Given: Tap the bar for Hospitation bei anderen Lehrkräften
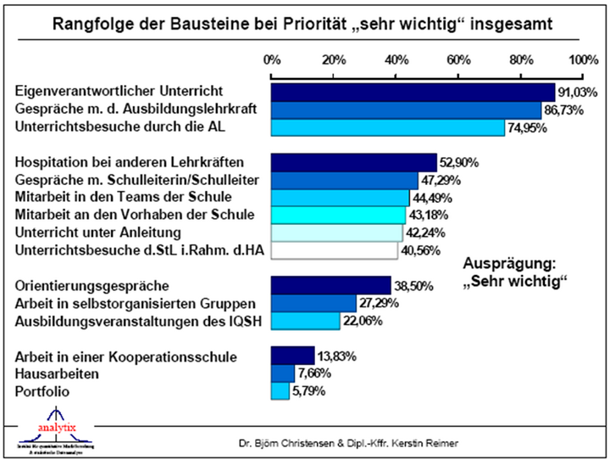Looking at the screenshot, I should (x=353, y=161).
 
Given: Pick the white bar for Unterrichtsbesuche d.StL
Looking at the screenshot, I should (x=334, y=250).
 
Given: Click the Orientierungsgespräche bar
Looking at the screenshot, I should (x=330, y=285).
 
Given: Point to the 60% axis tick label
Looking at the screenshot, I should (x=458, y=60).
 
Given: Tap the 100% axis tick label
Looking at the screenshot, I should (x=583, y=60).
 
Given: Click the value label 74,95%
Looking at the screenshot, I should (x=527, y=128).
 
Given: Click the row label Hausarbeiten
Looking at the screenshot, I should (x=56, y=373).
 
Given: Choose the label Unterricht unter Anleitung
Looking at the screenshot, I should (x=98, y=233).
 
